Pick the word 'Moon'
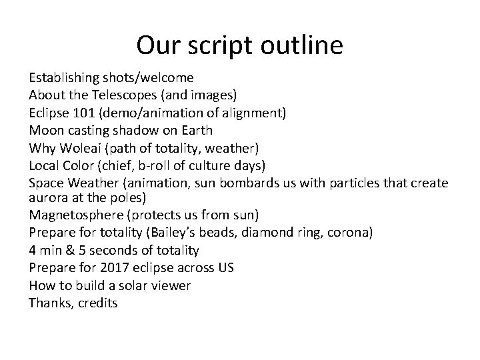pos(45,130)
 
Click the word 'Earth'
pos(195,130)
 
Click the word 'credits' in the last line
pos(97,303)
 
